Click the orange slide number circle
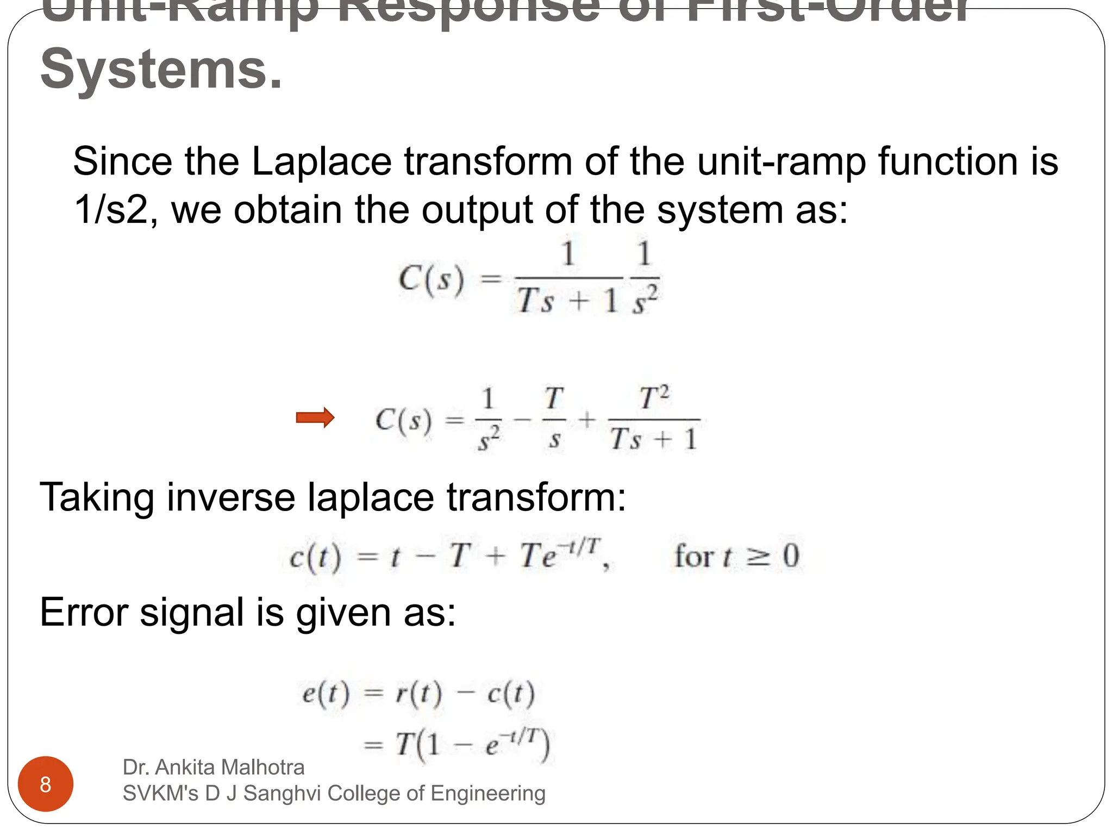[46, 784]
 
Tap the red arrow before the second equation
[315, 417]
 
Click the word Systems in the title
[161, 70]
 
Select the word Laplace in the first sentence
[321, 161]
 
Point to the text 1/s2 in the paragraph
[111, 209]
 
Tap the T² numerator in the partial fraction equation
[654, 398]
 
